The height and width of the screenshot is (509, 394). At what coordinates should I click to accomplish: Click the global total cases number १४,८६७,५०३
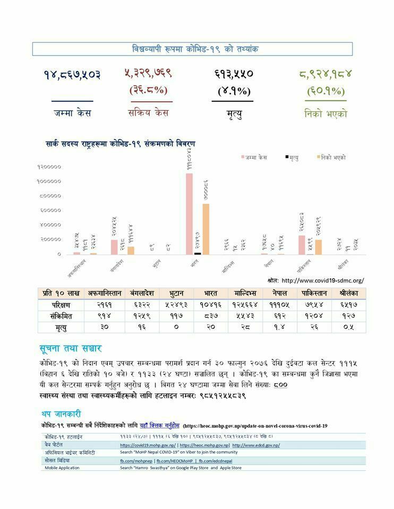[72, 74]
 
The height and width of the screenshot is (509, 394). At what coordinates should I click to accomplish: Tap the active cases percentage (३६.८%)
[151, 90]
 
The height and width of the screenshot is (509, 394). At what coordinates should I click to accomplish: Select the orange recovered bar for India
[206, 229]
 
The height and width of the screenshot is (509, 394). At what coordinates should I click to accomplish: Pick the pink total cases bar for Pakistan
[302, 244]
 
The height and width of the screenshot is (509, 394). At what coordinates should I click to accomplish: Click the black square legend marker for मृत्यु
[287, 157]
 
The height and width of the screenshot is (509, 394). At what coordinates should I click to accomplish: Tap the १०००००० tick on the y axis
[49, 181]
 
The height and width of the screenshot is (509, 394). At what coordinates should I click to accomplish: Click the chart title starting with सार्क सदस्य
[121, 144]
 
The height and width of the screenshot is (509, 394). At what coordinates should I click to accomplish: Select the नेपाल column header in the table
[275, 293]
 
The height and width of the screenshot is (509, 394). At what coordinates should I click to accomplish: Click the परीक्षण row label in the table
[61, 305]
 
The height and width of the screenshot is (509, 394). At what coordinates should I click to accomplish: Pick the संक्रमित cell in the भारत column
[210, 316]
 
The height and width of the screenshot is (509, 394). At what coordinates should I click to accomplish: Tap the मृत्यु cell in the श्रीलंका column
[348, 327]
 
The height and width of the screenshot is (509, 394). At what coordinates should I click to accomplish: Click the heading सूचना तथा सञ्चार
[70, 349]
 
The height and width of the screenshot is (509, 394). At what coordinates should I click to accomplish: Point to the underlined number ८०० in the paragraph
[280, 385]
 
